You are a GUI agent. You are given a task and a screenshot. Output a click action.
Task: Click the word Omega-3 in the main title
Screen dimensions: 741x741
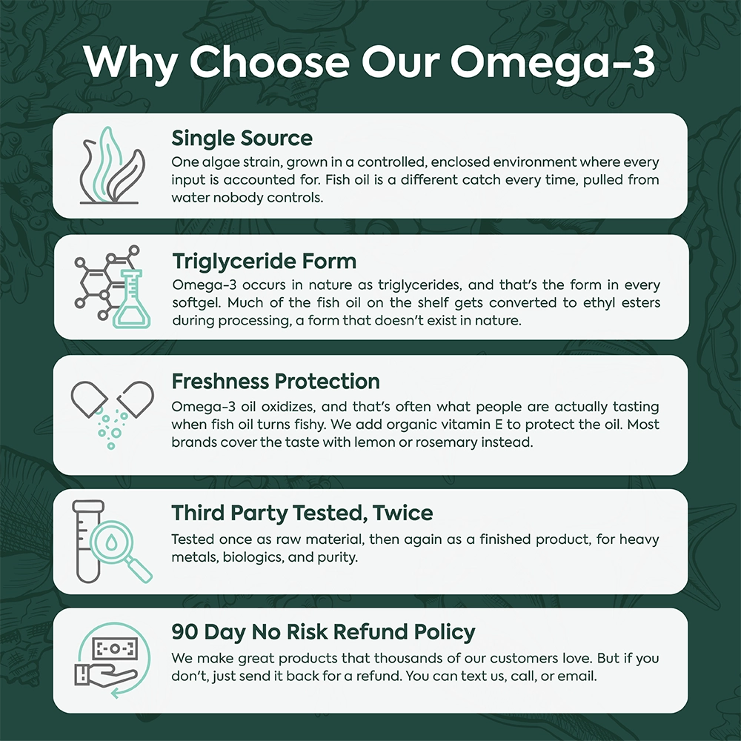(x=553, y=62)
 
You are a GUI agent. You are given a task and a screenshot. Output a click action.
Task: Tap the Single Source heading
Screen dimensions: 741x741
(x=242, y=139)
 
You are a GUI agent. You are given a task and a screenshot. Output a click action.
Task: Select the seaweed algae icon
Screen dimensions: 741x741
(x=112, y=165)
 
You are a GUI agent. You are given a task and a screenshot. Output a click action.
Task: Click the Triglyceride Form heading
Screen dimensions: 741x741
(x=265, y=262)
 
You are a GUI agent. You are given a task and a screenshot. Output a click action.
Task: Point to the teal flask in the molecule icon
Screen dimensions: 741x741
(x=131, y=299)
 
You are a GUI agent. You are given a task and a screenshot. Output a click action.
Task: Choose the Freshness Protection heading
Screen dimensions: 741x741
(x=276, y=382)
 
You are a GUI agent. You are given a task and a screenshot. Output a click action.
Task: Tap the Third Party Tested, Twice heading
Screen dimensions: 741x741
(x=302, y=514)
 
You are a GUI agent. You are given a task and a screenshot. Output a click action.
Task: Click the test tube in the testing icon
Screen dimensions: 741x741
(x=88, y=542)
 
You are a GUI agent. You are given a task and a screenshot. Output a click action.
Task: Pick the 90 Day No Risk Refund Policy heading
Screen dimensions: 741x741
(x=323, y=632)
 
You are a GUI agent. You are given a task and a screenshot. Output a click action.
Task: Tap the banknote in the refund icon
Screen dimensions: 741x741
(x=115, y=649)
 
